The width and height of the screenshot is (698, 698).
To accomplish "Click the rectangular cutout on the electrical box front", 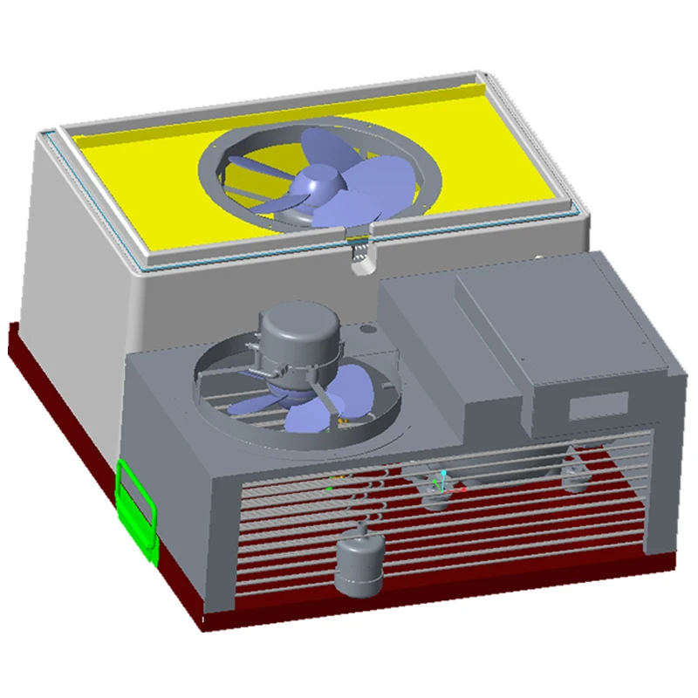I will (599, 405).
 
